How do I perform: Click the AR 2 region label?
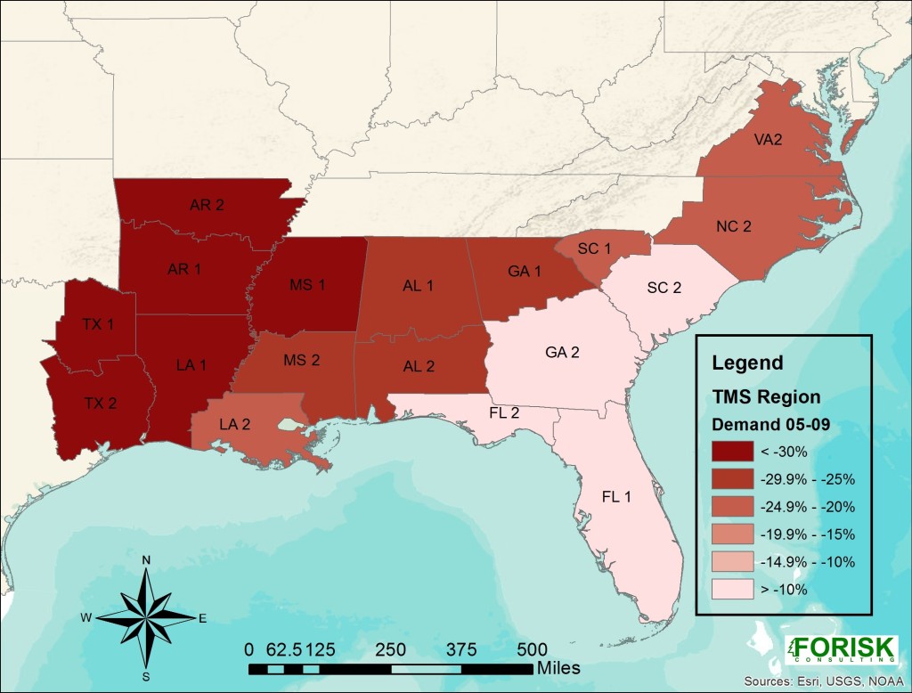[207, 205]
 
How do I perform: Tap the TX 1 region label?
[98, 325]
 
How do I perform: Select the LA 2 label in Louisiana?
[234, 424]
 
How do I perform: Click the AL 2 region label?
[419, 367]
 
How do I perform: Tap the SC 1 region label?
[594, 249]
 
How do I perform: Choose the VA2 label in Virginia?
[769, 140]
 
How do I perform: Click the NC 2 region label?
[733, 226]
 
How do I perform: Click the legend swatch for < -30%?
[731, 453]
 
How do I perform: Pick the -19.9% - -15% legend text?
[807, 534]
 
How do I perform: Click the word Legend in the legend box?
[747, 363]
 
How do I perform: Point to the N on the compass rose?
[146, 559]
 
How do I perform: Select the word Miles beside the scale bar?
[559, 667]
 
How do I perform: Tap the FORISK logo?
[841, 648]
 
